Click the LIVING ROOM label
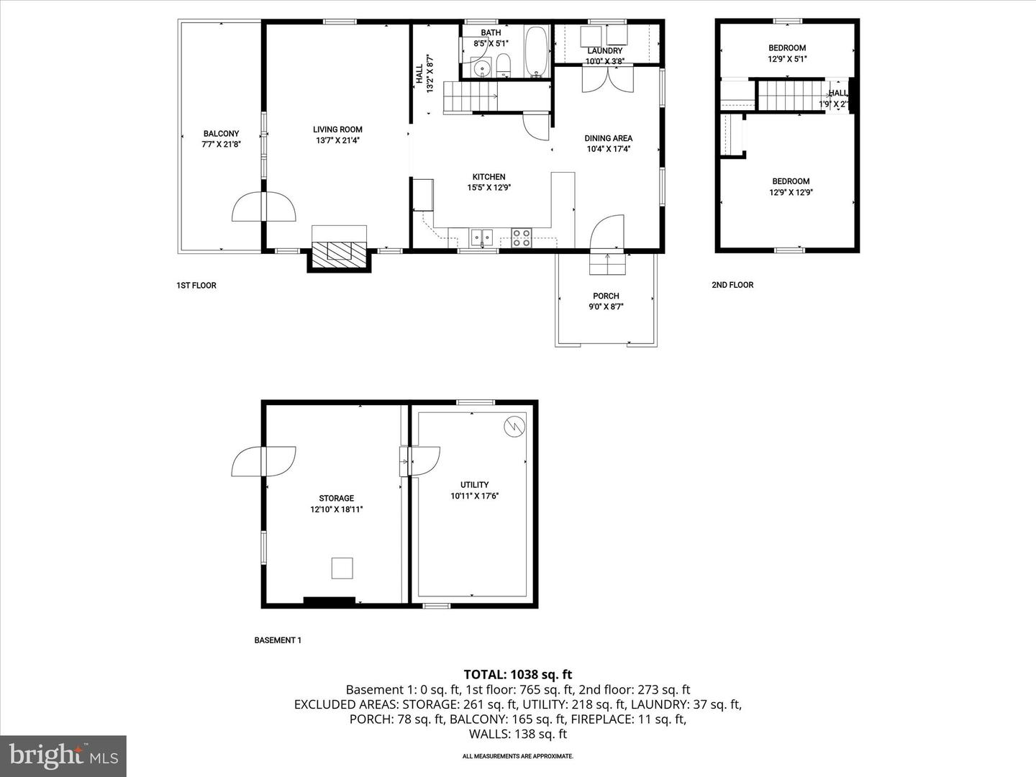tap(337, 129)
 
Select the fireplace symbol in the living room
tap(340, 250)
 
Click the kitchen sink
tap(481, 237)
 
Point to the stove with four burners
tap(522, 237)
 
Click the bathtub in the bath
tap(536, 50)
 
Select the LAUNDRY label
tap(604, 51)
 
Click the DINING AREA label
tap(608, 138)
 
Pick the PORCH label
tap(606, 296)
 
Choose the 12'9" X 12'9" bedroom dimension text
tap(791, 192)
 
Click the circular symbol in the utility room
tap(514, 426)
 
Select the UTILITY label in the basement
tap(474, 485)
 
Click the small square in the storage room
tap(342, 568)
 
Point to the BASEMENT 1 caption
tap(278, 640)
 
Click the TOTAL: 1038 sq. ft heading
tap(517, 674)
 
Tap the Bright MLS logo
tap(63, 755)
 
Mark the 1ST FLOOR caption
tap(196, 286)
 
